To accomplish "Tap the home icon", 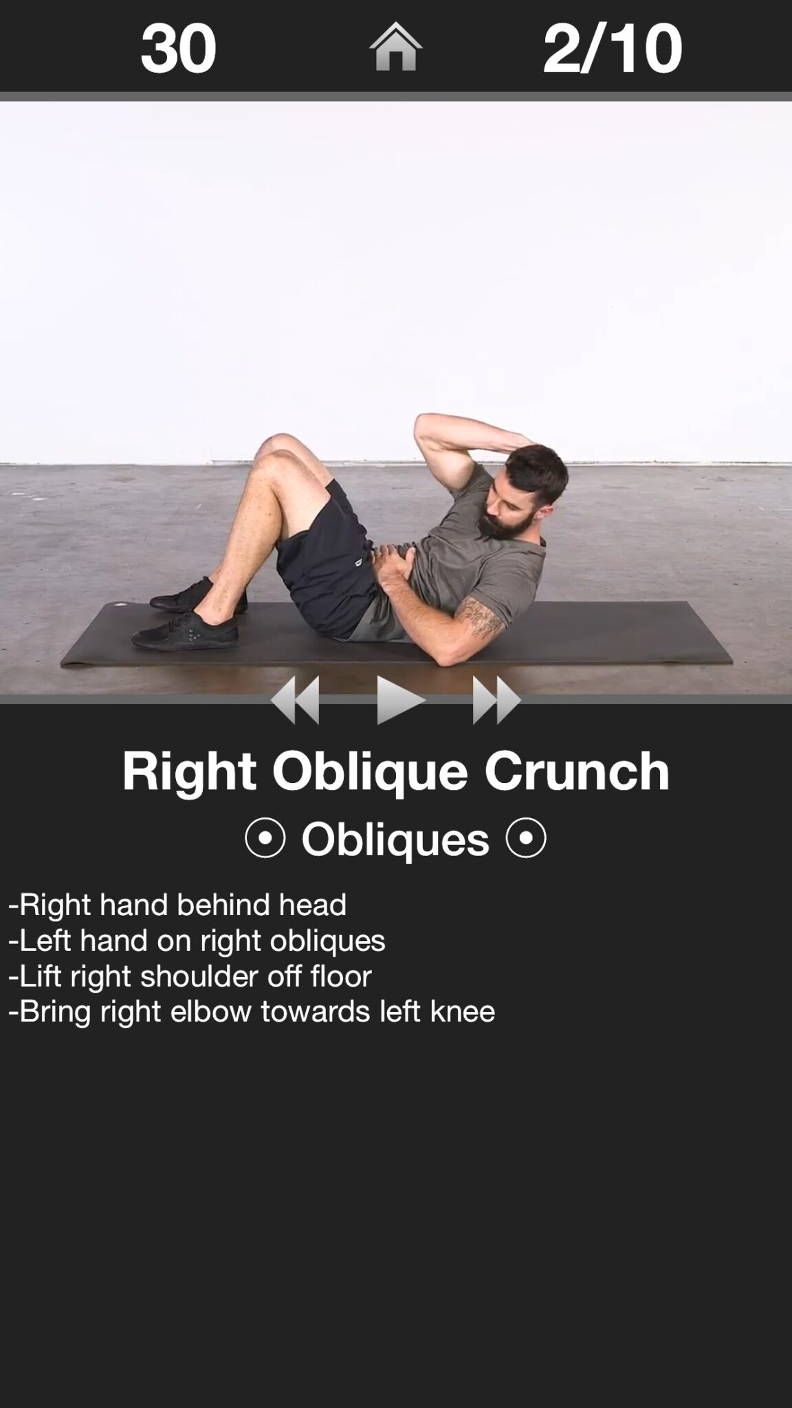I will pos(395,47).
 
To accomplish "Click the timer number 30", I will pos(178,47).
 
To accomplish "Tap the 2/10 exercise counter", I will pos(612,47).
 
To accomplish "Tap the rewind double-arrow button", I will pos(296,700).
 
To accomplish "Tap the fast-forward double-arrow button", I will pos(496,700).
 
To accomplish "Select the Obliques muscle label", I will pos(395,839).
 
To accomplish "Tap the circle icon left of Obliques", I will pos(265,837).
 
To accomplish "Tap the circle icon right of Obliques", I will pos(526,837).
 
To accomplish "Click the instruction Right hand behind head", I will pos(177,904).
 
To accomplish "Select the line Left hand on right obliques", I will pos(197,940).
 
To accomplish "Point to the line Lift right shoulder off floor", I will pos(190,976).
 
